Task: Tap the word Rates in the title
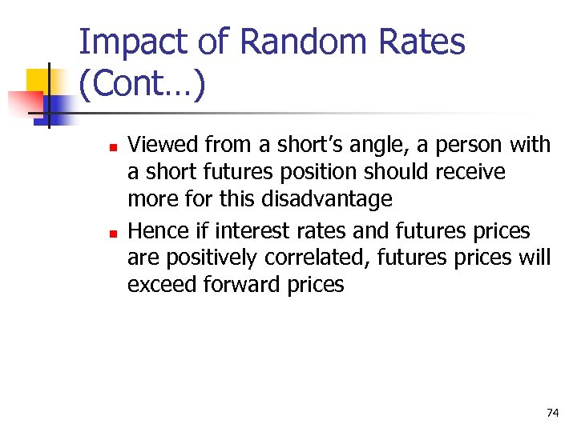tap(422, 42)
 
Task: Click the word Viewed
tap(163, 145)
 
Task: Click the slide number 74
tap(552, 413)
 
